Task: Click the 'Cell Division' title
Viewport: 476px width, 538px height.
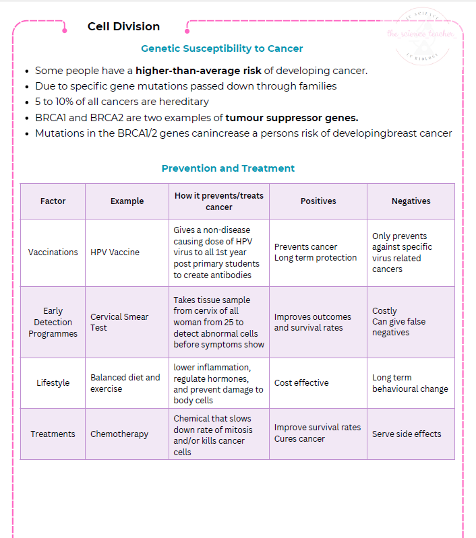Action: point(123,27)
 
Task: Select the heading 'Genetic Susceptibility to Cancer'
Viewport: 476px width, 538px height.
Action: point(222,48)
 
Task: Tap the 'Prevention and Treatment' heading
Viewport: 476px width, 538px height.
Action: point(228,168)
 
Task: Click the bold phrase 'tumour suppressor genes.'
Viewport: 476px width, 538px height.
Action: point(292,118)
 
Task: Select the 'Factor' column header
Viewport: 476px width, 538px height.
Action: point(53,201)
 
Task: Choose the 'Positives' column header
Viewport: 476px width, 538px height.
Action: point(318,201)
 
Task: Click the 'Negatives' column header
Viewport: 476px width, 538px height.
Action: point(411,201)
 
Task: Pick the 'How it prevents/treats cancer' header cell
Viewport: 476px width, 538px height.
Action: point(219,201)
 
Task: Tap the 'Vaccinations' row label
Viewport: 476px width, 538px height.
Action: point(53,253)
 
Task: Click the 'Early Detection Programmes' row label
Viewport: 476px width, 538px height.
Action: point(53,322)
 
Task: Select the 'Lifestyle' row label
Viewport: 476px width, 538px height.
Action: point(53,382)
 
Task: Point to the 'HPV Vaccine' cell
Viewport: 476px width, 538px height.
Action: point(115,253)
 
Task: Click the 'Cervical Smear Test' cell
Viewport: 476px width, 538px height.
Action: point(119,322)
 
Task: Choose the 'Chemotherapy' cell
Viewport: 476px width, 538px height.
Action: point(119,434)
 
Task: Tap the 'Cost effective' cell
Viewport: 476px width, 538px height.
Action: point(301,382)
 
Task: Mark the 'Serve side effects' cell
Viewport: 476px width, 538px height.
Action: point(407,434)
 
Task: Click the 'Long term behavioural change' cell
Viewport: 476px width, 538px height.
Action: point(410,383)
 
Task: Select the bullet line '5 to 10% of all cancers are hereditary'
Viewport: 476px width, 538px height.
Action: point(122,102)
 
